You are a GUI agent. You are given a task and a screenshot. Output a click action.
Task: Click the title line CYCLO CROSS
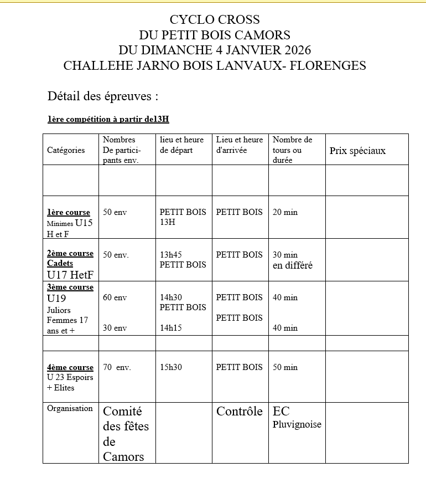point(214,20)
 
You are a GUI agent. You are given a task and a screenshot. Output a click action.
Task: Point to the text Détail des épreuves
point(103,96)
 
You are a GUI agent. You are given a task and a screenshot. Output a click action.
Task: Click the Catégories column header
point(66,150)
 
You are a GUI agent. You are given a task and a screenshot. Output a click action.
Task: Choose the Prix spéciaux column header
point(357,151)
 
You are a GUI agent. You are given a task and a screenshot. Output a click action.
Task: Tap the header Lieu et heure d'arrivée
point(240,145)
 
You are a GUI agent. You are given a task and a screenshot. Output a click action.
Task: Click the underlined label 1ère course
point(69,212)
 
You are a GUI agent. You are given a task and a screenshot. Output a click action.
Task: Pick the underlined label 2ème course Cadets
point(70,258)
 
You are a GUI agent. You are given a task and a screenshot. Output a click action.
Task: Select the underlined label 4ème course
point(70,367)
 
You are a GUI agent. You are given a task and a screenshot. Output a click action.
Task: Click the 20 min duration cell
point(285,212)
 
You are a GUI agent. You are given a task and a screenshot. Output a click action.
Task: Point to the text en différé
point(293,265)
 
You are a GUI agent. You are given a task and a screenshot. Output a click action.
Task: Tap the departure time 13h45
point(171,255)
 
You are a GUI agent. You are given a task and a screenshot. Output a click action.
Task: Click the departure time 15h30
point(171,367)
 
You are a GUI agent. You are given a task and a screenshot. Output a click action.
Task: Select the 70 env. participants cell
point(117,367)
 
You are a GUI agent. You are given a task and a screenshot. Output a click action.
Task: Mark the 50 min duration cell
point(285,367)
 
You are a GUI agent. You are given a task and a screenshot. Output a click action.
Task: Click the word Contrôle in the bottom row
point(240,412)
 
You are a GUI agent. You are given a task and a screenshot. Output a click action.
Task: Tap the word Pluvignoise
point(297,425)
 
